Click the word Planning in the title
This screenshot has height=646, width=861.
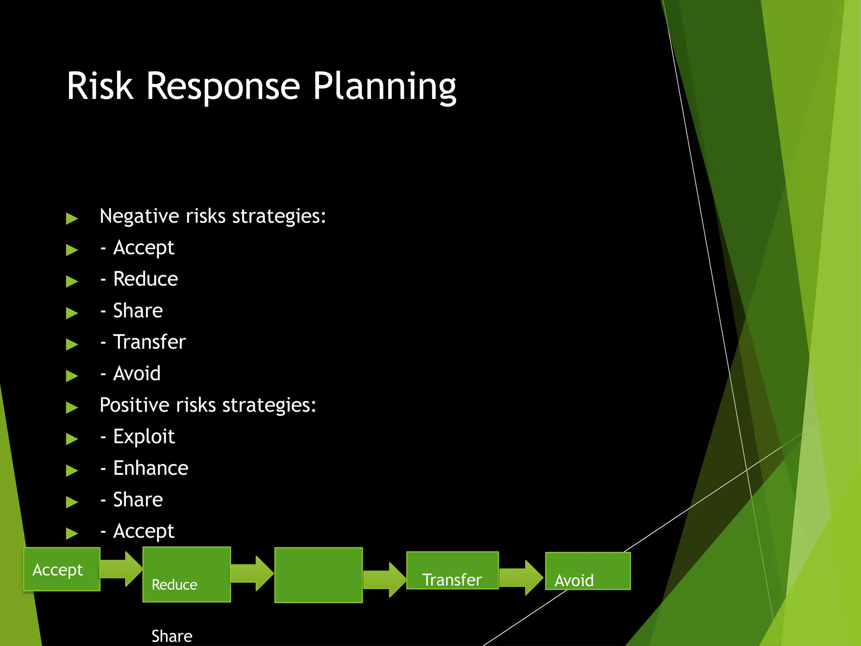384,86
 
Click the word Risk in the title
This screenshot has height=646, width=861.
100,86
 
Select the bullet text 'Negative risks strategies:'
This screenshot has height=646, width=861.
213,216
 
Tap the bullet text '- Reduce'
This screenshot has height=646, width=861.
140,279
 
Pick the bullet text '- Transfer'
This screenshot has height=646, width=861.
143,342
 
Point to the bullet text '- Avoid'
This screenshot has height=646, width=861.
131,373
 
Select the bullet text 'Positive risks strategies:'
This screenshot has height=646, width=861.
208,405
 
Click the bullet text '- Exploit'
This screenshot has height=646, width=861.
138,437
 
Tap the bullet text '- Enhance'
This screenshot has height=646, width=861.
145,468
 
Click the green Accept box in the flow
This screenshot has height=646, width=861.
62,569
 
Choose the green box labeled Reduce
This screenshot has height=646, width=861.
187,575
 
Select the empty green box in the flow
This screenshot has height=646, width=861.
319,575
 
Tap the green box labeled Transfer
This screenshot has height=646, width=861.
452,571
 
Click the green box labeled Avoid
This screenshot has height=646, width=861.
588,571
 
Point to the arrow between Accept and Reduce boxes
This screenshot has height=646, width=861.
121,569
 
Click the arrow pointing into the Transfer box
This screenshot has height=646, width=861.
384,580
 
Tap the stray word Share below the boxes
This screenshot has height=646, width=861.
172,636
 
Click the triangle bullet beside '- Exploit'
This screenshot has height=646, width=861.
72,439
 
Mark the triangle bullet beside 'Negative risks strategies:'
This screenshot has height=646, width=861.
72,219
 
